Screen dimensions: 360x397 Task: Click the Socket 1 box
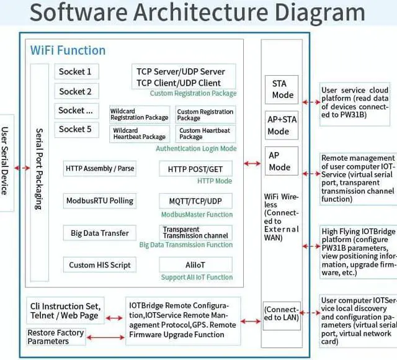[x=76, y=72]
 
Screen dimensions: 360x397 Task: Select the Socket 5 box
[x=76, y=129]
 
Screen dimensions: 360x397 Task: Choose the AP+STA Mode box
[x=279, y=126]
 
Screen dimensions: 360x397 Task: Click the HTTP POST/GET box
[x=195, y=169]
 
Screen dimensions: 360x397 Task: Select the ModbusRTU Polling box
[x=100, y=200]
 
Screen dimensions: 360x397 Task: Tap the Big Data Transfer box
[x=100, y=233]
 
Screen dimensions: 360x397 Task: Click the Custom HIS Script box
[x=100, y=265]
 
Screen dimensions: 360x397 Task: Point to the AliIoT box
[x=195, y=265]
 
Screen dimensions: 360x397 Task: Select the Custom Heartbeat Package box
[x=205, y=134]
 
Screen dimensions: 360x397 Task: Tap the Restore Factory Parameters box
[x=55, y=336]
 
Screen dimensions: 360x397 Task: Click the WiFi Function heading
[x=68, y=50]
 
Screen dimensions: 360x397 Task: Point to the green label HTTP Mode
[x=215, y=181]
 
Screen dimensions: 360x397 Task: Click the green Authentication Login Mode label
[x=196, y=149]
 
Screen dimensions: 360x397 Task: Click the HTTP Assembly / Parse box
[x=100, y=168]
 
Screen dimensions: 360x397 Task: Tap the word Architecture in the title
[x=205, y=13]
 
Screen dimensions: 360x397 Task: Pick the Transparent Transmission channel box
[x=195, y=233]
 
